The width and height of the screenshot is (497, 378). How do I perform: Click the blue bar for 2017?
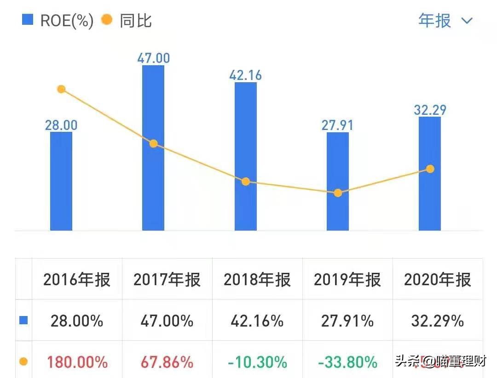pos(153,184)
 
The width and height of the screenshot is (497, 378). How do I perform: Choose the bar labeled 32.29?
pos(430,202)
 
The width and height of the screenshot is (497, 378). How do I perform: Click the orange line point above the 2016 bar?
pos(61,89)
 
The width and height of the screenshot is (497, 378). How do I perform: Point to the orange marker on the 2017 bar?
pos(153,144)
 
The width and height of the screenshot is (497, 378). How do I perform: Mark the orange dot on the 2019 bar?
pos(338,193)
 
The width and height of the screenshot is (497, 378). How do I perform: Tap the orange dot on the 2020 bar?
pos(430,169)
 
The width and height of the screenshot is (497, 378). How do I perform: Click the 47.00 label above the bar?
pos(153,58)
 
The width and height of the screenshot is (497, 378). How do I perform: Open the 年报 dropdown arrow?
pos(467,21)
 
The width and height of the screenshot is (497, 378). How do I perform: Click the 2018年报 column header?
pos(257,280)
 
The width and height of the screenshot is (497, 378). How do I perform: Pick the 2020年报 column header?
pos(438,280)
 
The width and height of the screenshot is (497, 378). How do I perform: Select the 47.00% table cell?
pos(167,321)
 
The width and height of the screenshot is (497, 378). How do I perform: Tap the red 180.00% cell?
pos(77,362)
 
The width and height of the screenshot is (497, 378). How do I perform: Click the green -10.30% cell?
pos(257,362)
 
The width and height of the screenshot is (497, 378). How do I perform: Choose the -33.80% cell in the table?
pos(347,362)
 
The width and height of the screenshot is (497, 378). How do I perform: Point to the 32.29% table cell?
pos(438,321)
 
